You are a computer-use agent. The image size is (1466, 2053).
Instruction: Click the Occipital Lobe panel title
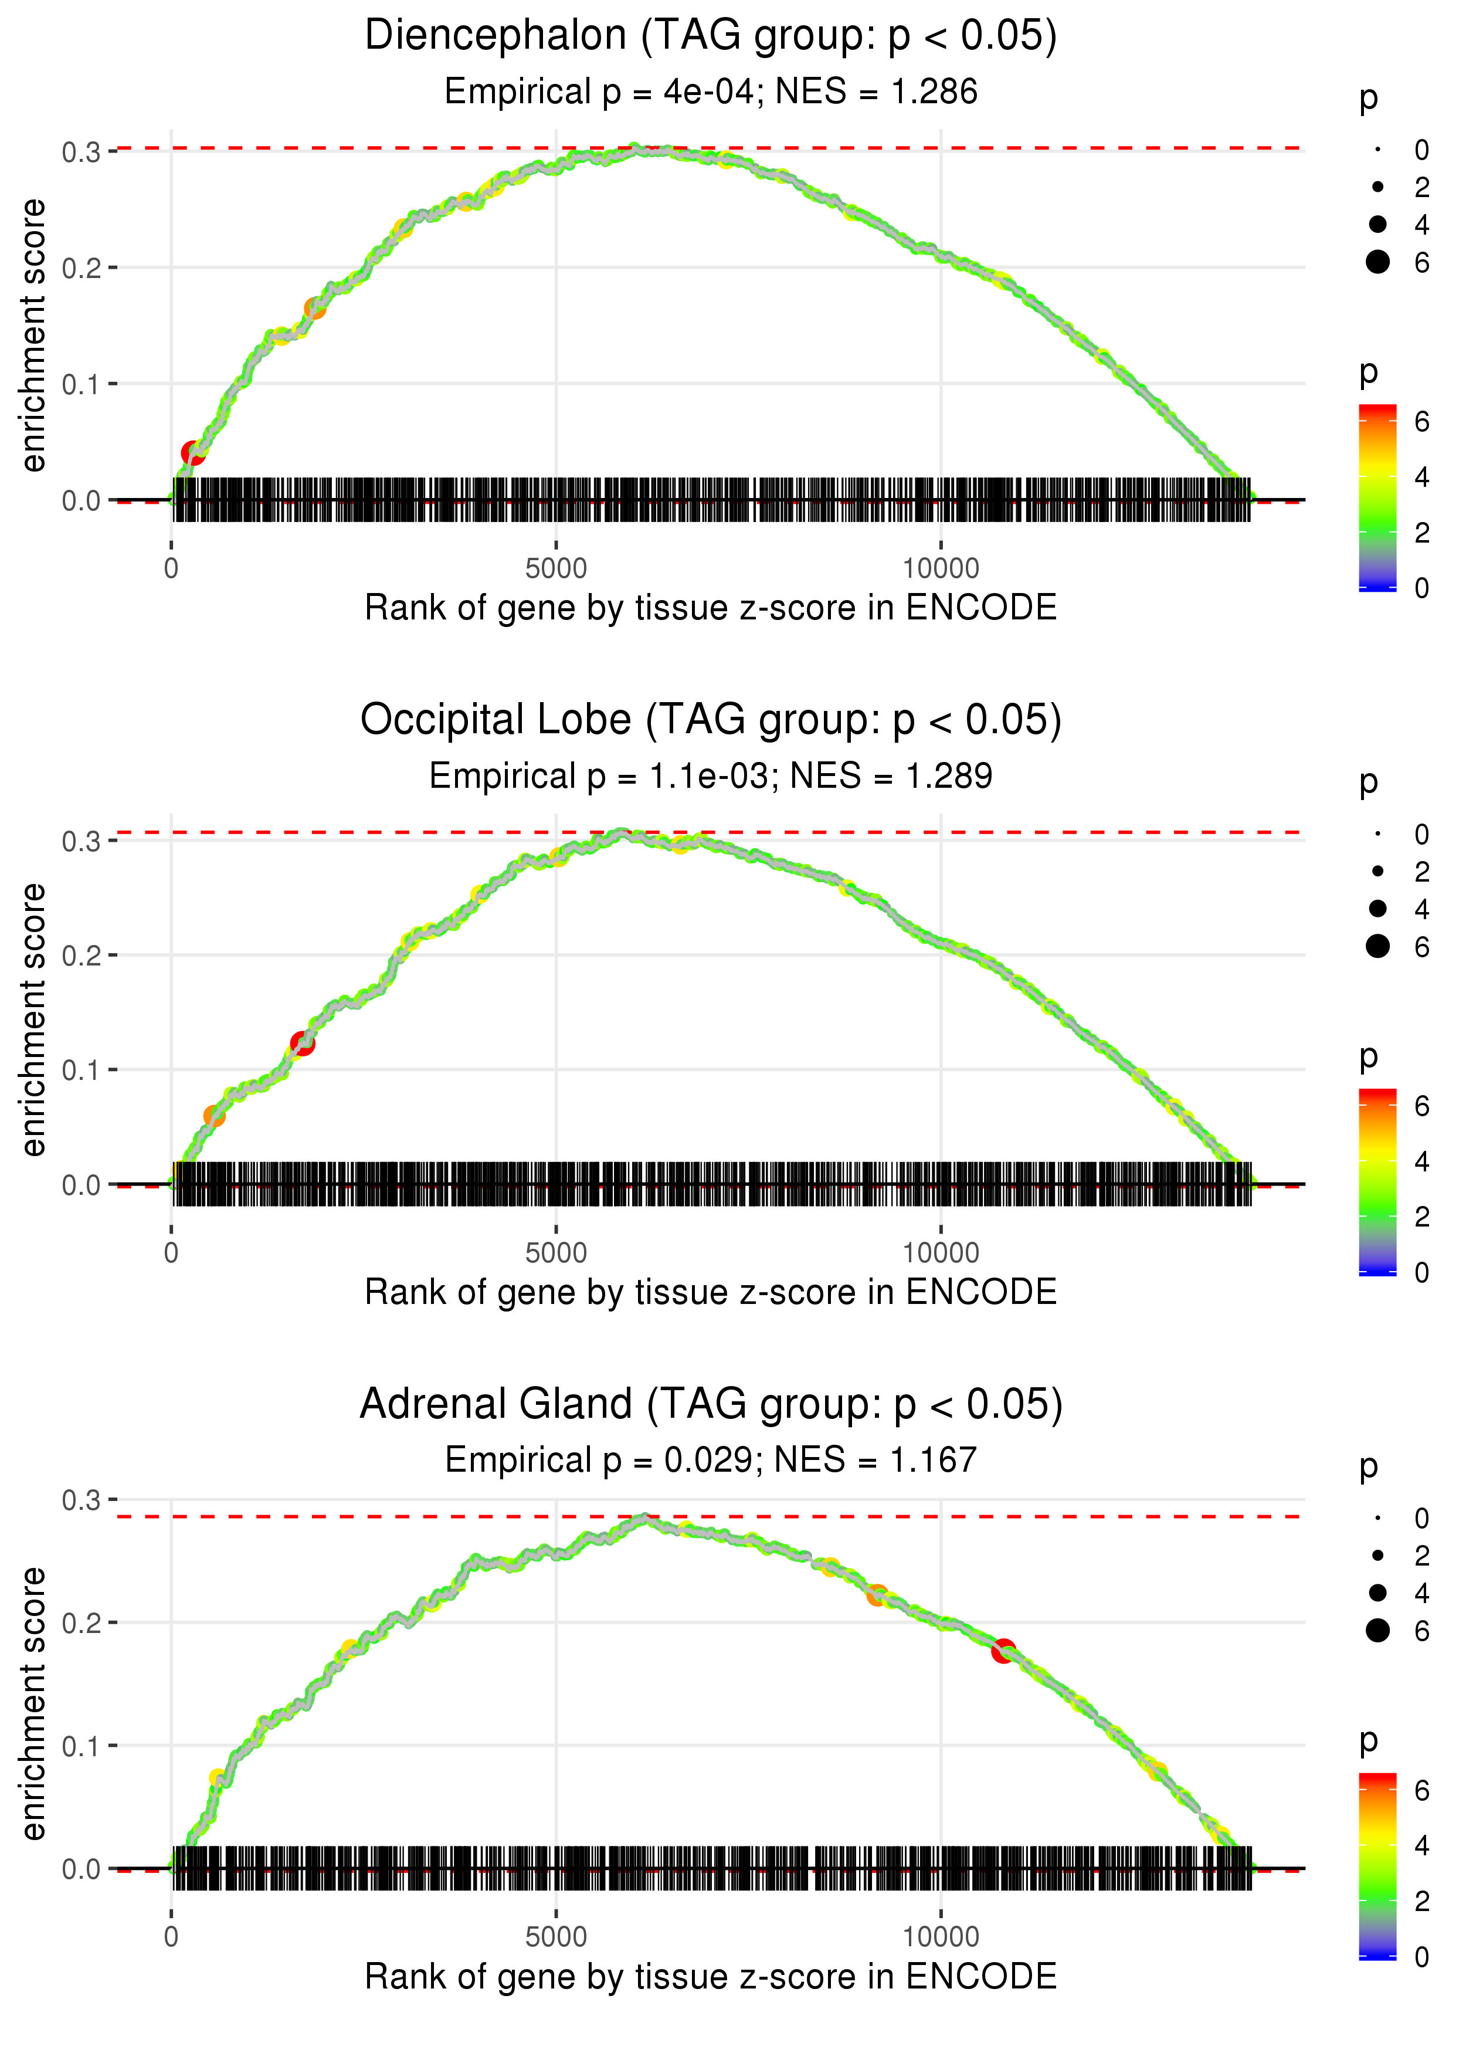click(711, 720)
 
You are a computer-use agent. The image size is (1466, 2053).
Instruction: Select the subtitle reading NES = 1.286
click(711, 92)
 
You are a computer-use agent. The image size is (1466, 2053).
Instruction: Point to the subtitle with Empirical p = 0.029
click(711, 1460)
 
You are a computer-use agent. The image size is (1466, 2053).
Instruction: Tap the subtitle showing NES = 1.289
click(711, 777)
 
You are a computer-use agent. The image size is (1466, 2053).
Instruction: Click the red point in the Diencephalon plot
click(192, 452)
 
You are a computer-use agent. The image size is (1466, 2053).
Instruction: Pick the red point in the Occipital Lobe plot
click(303, 1044)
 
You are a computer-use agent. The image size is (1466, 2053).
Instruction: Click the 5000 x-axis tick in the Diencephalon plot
click(556, 569)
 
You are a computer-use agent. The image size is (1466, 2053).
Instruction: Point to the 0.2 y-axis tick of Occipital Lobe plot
click(82, 955)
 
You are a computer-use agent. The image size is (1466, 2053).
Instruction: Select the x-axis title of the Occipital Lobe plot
click(711, 1292)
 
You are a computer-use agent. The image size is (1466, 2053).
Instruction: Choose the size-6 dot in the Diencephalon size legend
click(1377, 262)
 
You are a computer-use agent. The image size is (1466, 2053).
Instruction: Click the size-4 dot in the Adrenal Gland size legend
click(1377, 1593)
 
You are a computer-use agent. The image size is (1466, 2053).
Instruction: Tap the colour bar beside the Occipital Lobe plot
click(1377, 1181)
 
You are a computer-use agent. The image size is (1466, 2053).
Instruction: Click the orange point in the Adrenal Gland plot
click(877, 1595)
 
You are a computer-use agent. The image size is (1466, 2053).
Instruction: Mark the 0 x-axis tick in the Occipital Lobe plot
click(171, 1253)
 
